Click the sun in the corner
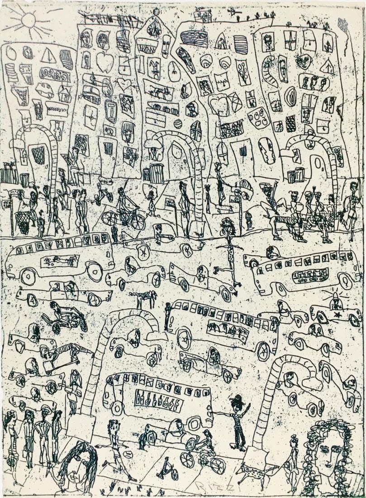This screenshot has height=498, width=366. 29,20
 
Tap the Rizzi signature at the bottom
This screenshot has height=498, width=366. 206,487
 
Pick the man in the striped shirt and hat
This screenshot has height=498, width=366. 237,421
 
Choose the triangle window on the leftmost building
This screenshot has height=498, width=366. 48,56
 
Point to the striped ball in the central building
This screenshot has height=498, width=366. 178,123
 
